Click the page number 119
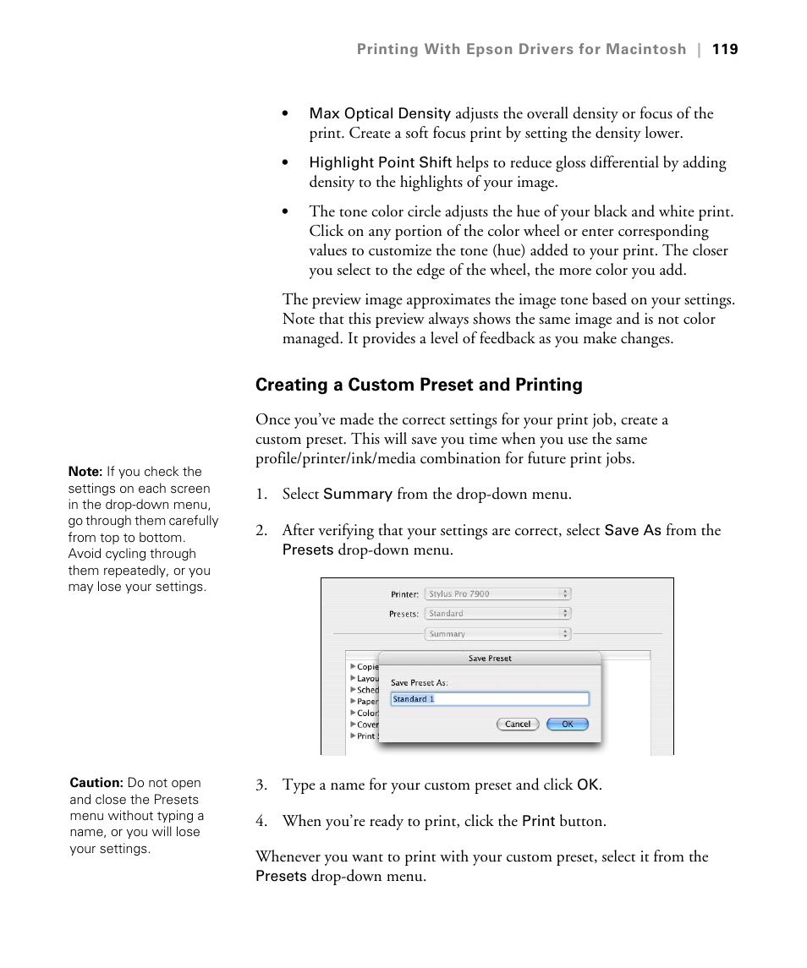click(725, 49)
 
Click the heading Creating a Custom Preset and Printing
click(419, 385)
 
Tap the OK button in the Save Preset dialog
click(567, 724)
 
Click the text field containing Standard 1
click(489, 699)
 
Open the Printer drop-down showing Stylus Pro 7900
click(497, 594)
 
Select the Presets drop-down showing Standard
click(497, 614)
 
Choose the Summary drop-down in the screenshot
click(497, 633)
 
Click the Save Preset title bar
click(490, 658)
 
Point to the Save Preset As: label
click(419, 682)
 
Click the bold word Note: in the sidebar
click(85, 472)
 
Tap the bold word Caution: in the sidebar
click(96, 783)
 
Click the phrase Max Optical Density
click(380, 113)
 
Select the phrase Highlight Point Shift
click(380, 162)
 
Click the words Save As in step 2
click(633, 530)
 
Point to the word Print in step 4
click(538, 821)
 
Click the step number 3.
click(261, 785)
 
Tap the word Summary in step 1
click(358, 494)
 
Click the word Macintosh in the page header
click(645, 49)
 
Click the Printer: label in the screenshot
click(403, 594)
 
